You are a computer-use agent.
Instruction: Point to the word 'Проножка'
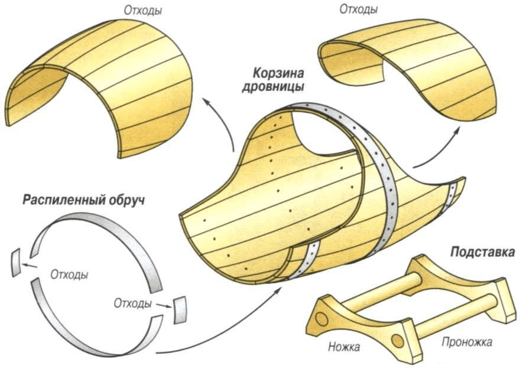pyautogui.click(x=466, y=342)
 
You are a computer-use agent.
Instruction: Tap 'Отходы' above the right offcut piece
pyautogui.click(x=359, y=9)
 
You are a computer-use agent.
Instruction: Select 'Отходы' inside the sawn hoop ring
pyautogui.click(x=70, y=275)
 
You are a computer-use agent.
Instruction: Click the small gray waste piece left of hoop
pyautogui.click(x=17, y=263)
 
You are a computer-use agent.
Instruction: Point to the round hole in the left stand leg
pyautogui.click(x=321, y=319)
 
